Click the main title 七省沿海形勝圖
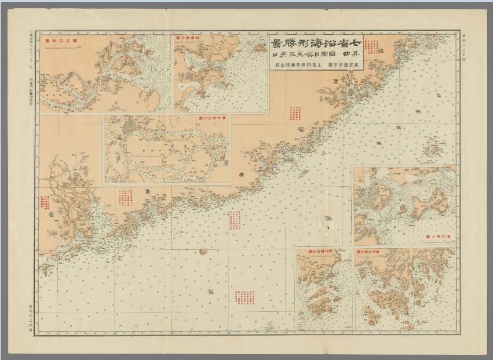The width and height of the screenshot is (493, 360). (x=316, y=44)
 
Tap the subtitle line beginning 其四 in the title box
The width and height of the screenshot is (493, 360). (x=316, y=56)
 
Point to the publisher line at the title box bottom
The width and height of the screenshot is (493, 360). (x=316, y=66)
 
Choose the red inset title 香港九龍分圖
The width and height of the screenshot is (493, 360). (x=370, y=253)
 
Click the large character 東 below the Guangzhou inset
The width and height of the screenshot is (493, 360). (x=147, y=192)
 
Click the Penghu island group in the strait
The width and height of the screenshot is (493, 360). (x=432, y=150)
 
